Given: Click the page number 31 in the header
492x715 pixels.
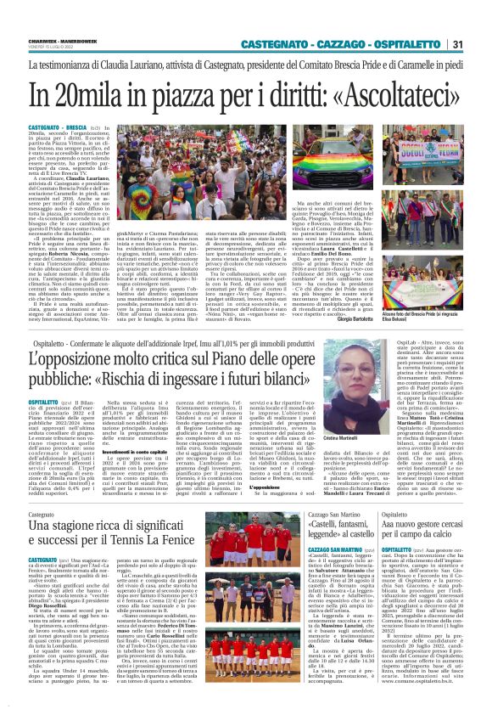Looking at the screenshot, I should coord(479,44).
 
